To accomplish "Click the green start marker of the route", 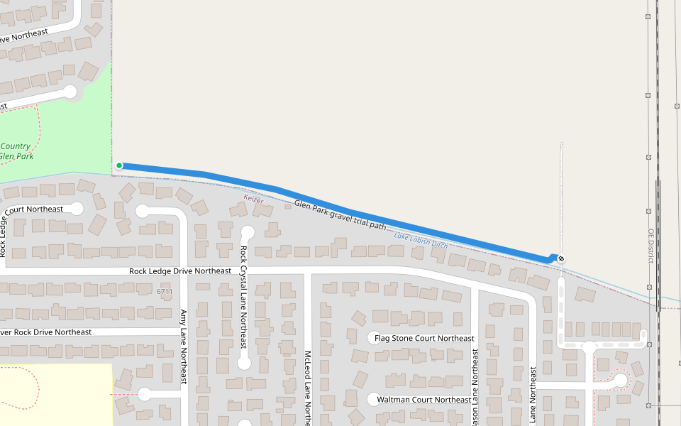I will tap(119, 165).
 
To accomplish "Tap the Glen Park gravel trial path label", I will tap(340, 215).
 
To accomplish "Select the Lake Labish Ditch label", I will tap(421, 241).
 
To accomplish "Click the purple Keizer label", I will tap(253, 200).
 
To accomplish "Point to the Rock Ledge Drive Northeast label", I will tap(180, 271).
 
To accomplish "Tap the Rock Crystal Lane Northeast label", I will tap(243, 297).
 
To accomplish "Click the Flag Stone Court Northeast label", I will tap(424, 339).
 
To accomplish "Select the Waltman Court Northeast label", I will tap(423, 400).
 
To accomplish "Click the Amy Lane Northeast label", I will tap(183, 347).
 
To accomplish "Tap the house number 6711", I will tap(165, 292).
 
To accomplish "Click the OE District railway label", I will tap(650, 246).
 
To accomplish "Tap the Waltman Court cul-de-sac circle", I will tap(373, 399).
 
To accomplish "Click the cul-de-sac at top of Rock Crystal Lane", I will tap(248, 232).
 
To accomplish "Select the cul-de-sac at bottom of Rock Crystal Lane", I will tap(244, 363).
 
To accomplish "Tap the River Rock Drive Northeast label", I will tap(46, 332).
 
